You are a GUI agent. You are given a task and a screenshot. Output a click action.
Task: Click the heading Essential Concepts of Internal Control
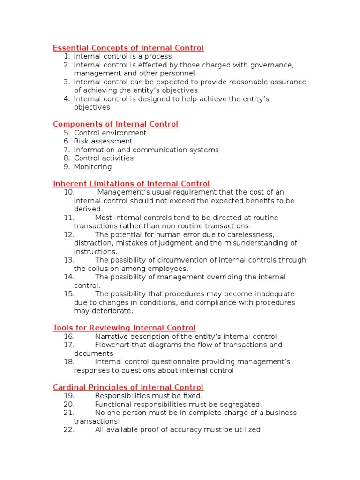128,48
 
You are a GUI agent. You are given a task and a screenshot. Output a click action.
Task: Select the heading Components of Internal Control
115,124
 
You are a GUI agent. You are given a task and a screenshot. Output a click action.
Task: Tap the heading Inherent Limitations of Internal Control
131,184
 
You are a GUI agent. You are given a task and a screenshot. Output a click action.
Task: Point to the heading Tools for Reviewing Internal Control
124,328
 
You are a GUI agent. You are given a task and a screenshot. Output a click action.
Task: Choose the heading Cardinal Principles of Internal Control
128,387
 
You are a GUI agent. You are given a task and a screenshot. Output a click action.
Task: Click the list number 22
68,429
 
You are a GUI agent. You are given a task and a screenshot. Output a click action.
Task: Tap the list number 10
68,192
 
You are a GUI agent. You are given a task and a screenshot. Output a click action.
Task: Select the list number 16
68,337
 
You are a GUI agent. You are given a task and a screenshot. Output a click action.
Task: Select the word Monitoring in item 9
93,167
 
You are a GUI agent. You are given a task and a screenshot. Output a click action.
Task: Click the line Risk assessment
103,141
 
